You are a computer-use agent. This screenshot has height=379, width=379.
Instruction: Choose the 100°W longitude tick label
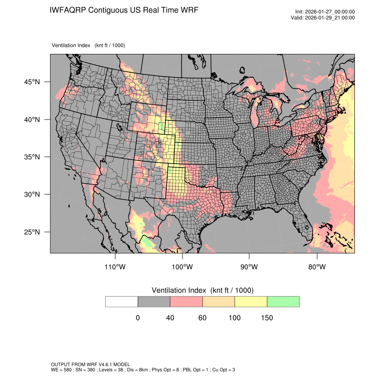[x=182, y=267]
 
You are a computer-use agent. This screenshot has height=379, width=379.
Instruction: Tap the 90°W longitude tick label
[x=249, y=267]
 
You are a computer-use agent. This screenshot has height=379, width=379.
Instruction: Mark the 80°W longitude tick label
[x=317, y=267]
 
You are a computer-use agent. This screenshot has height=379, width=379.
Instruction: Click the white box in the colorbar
[x=122, y=301]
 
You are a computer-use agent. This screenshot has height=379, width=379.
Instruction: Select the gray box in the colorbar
[x=154, y=301]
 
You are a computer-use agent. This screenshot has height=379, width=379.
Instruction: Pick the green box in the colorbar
[x=283, y=301]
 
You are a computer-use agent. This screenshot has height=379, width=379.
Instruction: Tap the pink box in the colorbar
[x=186, y=301]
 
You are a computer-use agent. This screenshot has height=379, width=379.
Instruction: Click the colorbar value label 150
[x=267, y=318]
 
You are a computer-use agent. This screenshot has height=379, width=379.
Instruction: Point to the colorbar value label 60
[x=202, y=318]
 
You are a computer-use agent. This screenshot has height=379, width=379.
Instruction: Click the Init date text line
[x=325, y=12]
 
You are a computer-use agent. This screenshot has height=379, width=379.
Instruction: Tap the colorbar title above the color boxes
[x=202, y=290]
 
